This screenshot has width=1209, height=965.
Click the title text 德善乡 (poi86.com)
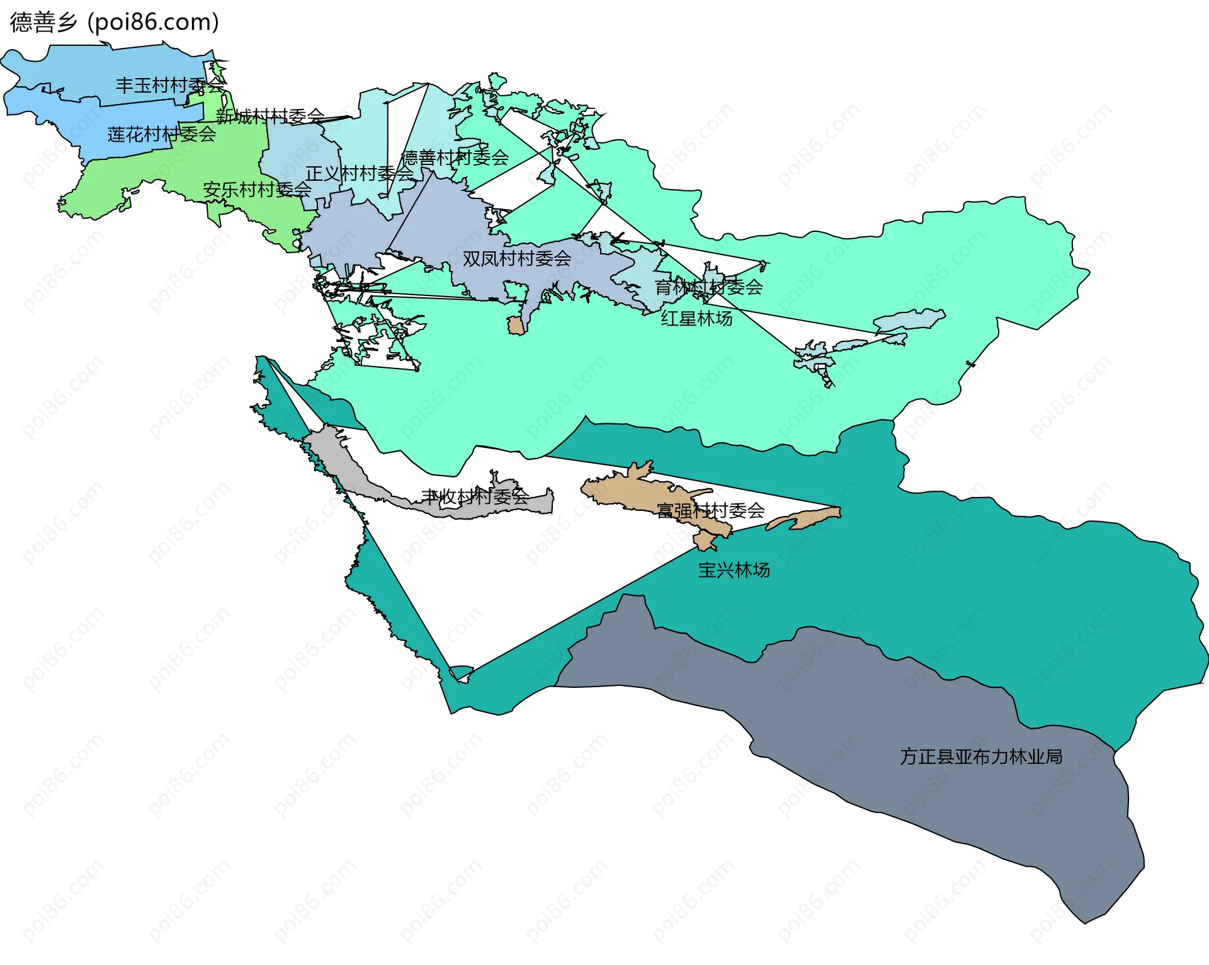115,22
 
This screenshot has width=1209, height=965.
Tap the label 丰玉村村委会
170,85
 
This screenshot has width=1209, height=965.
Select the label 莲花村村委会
161,134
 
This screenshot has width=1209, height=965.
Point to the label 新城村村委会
270,116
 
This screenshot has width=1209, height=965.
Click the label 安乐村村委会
257,189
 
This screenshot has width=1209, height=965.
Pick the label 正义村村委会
360,173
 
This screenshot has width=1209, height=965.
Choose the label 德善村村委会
455,157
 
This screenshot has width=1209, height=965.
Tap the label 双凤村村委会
517,258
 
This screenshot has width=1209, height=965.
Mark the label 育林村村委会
708,287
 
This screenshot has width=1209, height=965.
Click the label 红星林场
696,318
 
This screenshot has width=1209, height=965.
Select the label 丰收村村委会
475,497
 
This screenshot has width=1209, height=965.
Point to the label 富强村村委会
710,510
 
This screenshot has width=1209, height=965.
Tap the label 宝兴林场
734,570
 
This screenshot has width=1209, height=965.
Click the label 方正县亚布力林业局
981,757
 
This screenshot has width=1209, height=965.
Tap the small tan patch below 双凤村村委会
516,326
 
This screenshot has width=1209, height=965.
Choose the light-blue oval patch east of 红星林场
910,320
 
